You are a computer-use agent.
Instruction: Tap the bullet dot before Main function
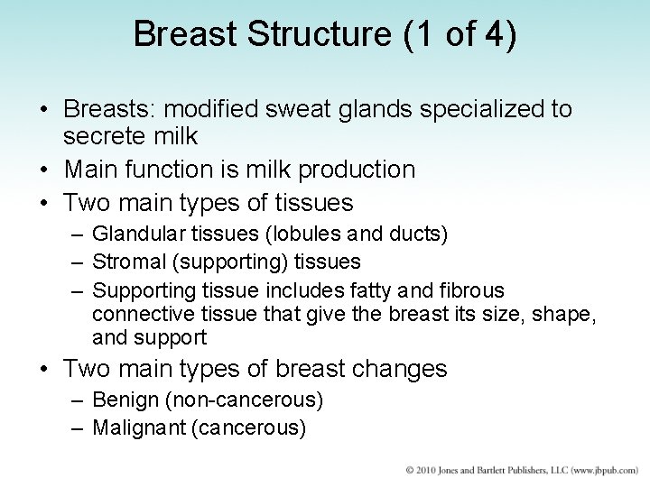coord(44,170)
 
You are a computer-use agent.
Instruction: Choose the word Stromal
coord(127,262)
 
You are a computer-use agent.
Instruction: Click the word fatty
coord(367,290)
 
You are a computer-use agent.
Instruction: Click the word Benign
coord(122,400)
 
